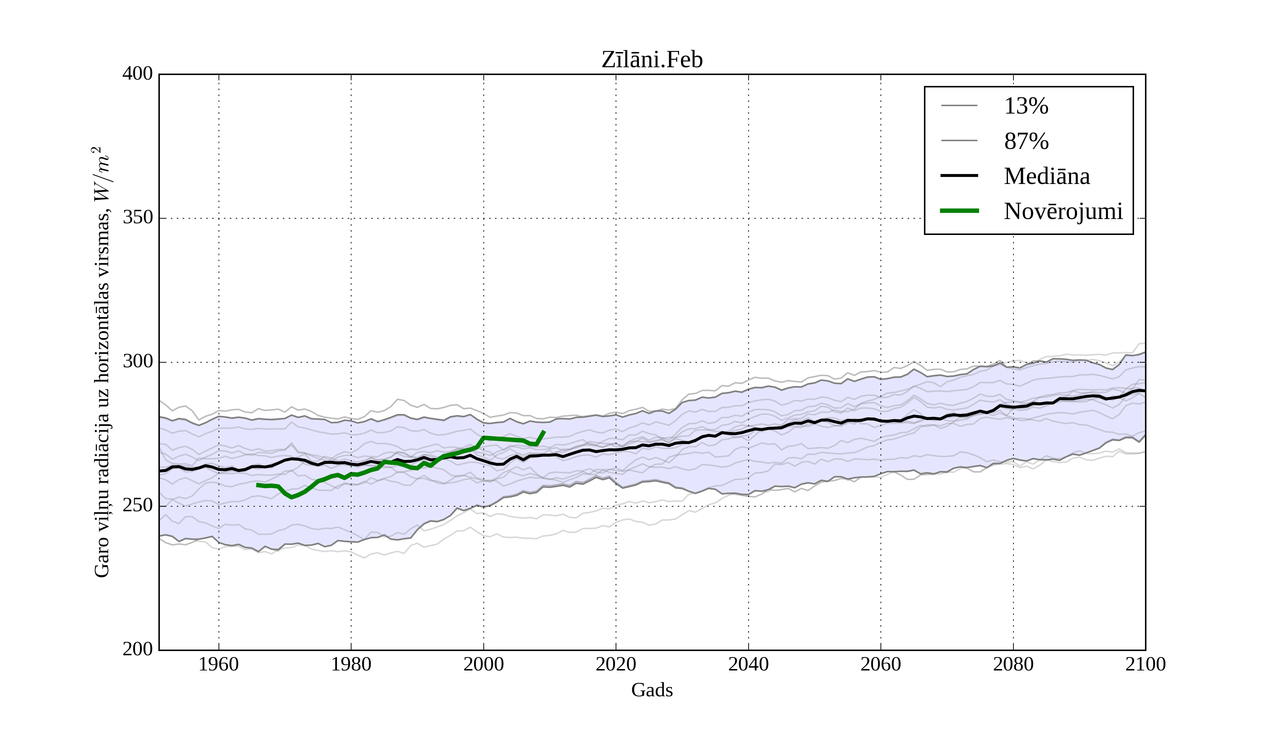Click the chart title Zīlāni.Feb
(652, 60)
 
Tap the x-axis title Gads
(652, 690)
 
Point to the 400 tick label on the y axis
(138, 74)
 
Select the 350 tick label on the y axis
(138, 218)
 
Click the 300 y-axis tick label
(138, 362)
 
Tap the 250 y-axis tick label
(138, 506)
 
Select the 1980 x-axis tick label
(351, 664)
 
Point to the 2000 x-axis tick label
(483, 664)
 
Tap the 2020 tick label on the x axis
(616, 664)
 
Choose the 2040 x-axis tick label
(748, 664)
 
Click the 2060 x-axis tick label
(880, 664)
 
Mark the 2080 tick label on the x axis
(1013, 664)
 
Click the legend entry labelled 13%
(1026, 106)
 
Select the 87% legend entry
(1026, 141)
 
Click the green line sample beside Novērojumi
(959, 211)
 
